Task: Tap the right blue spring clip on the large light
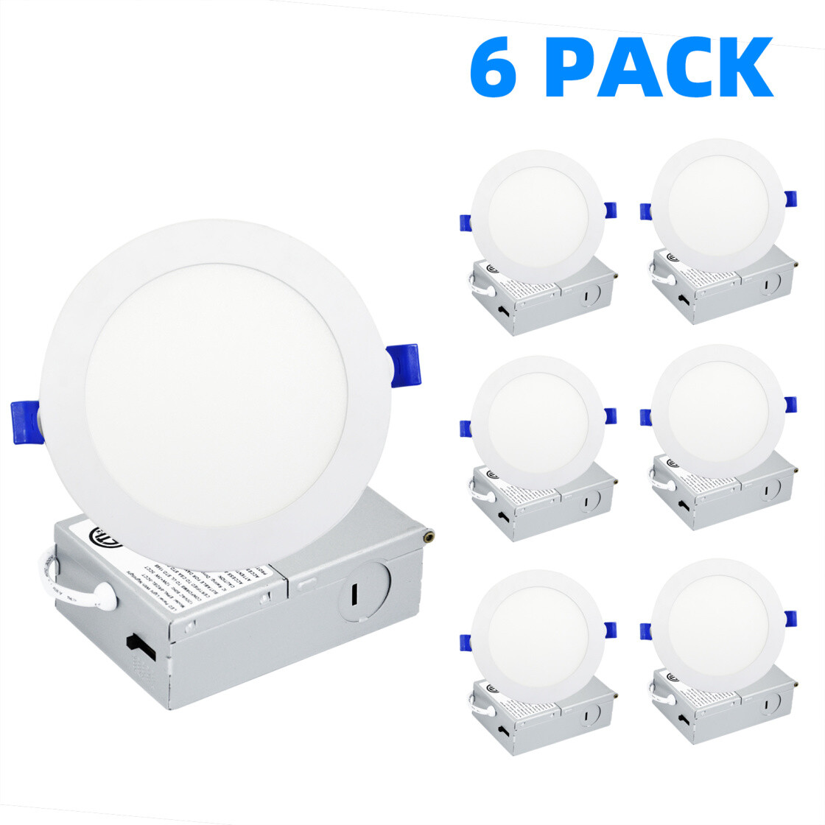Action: point(404,366)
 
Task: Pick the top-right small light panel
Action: point(717,203)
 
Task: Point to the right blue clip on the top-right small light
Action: point(790,199)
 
